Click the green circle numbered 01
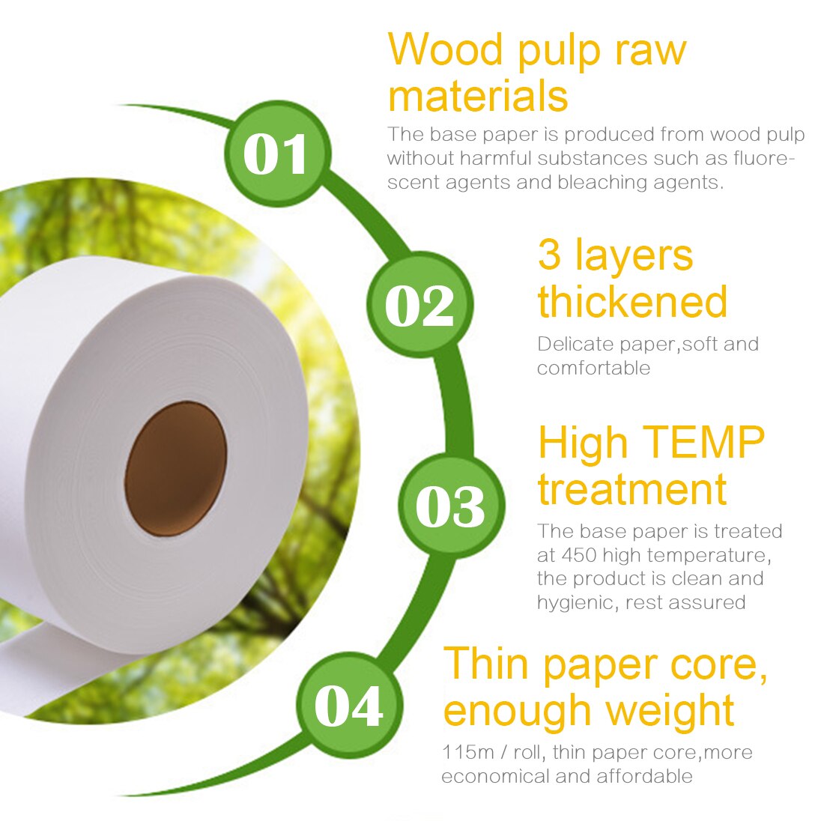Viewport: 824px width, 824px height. [276, 154]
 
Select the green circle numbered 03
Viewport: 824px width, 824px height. [450, 506]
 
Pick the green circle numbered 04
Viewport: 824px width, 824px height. [349, 705]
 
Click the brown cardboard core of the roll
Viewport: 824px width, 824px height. [175, 468]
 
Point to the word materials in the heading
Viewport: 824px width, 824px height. [478, 97]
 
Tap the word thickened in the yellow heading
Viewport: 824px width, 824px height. [632, 301]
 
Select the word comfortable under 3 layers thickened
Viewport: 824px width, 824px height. [593, 368]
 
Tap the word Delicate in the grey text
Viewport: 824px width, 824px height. [575, 345]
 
